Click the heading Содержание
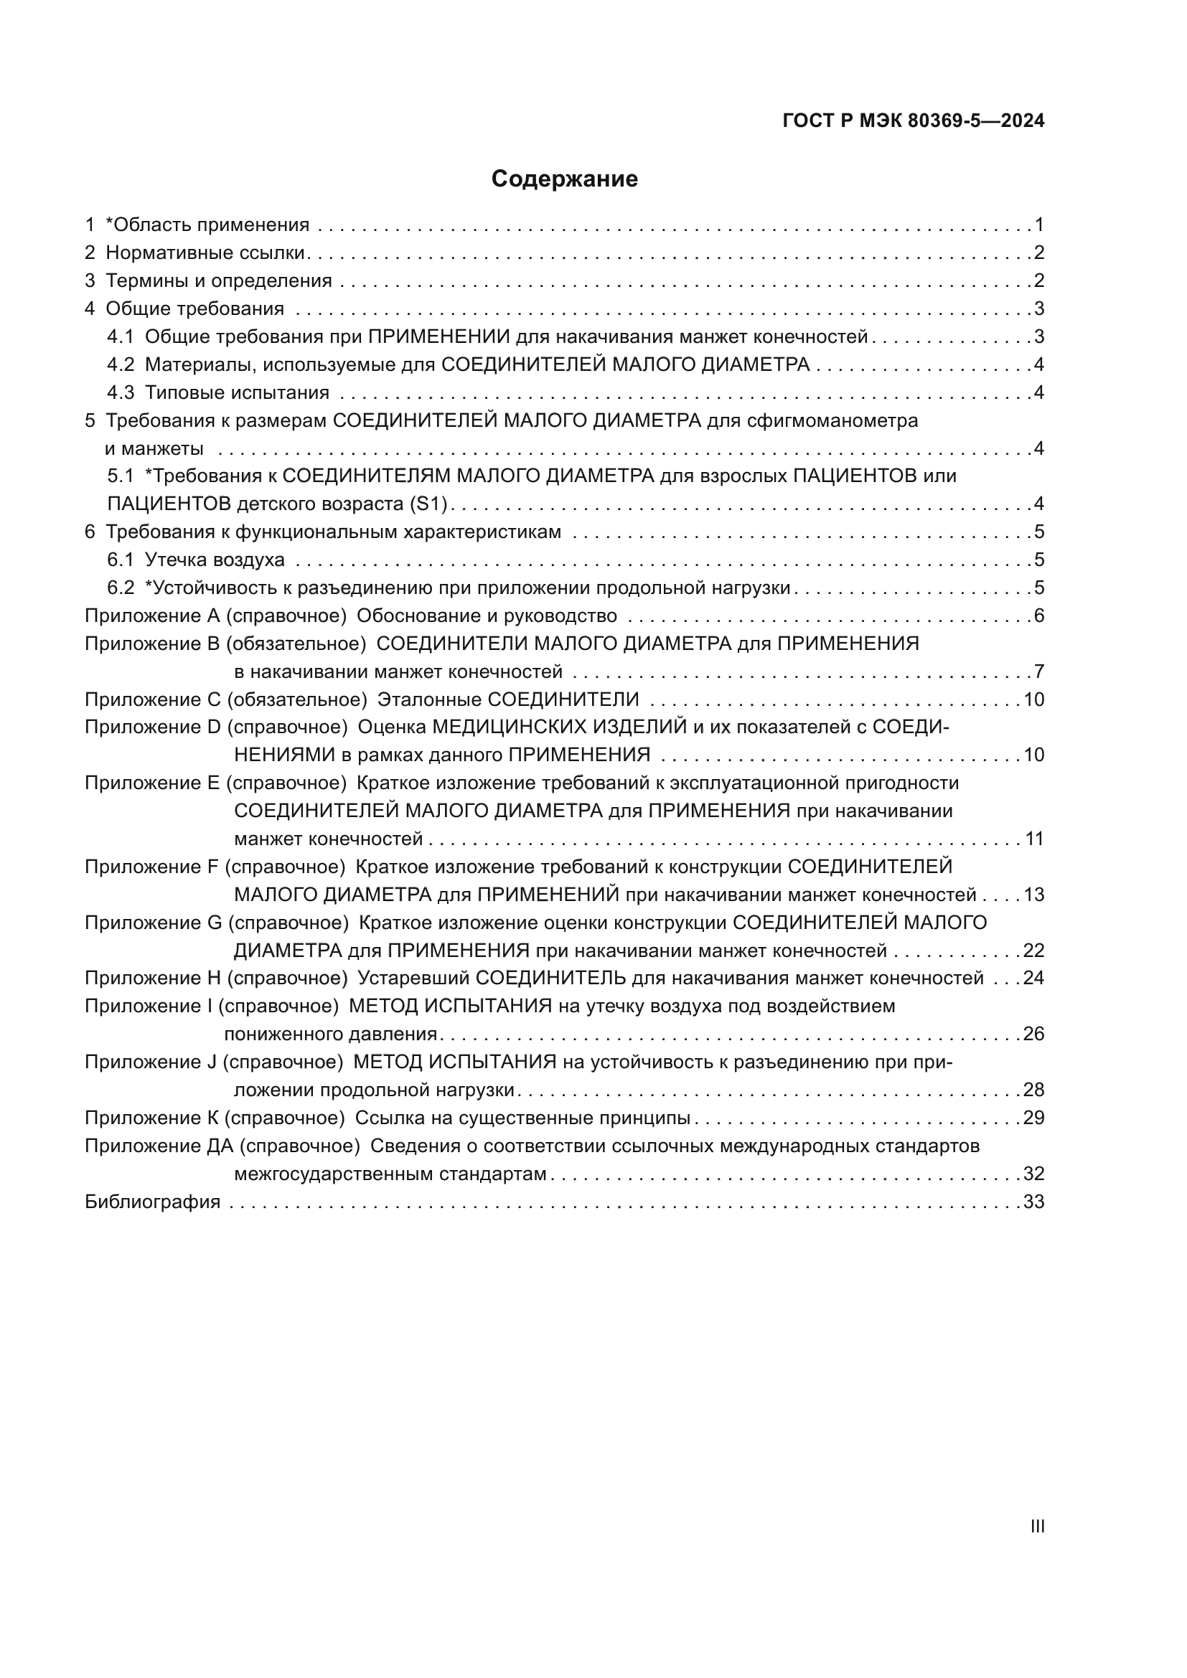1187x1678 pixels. [564, 179]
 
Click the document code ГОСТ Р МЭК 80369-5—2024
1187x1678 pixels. [913, 121]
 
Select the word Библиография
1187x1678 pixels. [152, 1202]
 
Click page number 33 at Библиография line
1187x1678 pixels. [1033, 1202]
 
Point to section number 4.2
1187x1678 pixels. [121, 364]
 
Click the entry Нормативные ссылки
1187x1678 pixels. [205, 253]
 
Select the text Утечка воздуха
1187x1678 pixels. [215, 560]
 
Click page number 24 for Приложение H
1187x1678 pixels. [1033, 978]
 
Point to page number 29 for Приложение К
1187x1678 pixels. [1033, 1118]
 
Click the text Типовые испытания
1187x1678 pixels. [237, 392]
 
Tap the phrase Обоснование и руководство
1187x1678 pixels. [487, 616]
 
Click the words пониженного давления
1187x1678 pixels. [330, 1034]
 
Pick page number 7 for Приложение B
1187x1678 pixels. [1038, 671]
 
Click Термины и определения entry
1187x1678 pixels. [219, 281]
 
